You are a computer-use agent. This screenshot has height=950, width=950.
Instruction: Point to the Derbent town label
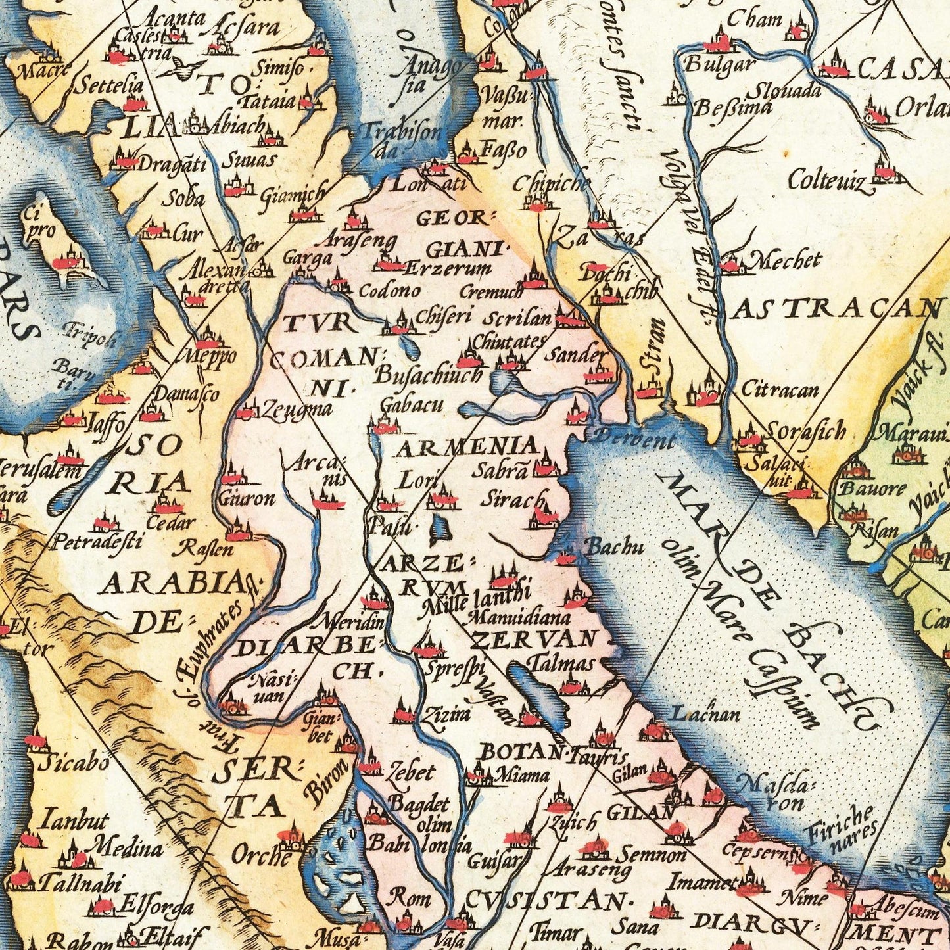(634, 438)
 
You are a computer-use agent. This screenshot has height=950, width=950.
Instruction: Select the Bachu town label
(604, 546)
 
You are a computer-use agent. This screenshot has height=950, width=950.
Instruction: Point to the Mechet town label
(786, 261)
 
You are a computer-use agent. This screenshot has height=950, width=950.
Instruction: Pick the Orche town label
(261, 857)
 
